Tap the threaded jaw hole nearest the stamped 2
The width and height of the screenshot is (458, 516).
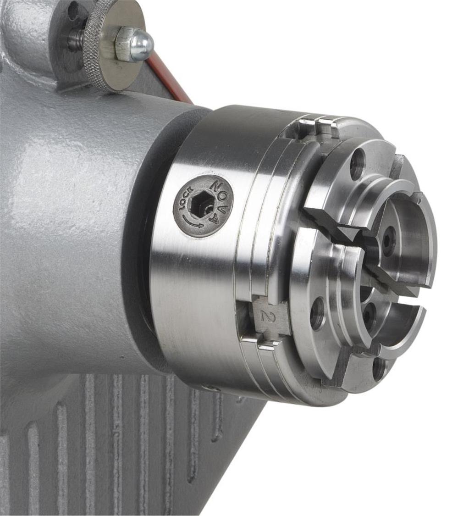click(317, 314)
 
